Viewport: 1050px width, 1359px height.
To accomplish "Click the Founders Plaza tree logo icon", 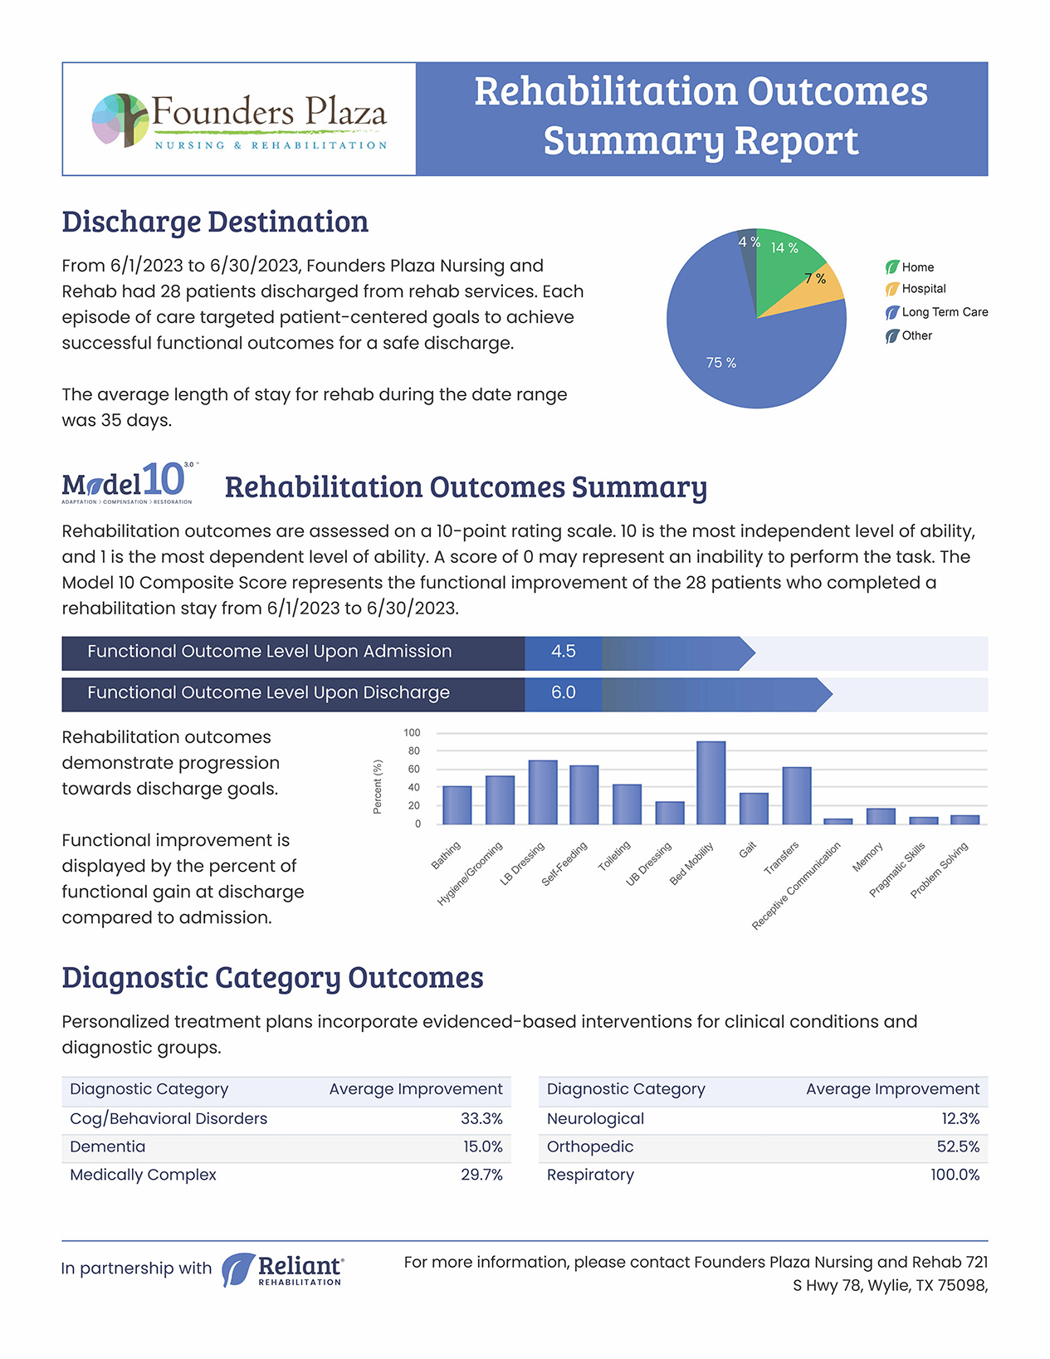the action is click(x=121, y=120).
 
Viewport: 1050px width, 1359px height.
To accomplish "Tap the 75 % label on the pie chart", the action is click(x=720, y=363).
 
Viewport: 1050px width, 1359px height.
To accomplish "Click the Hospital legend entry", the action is click(x=916, y=289).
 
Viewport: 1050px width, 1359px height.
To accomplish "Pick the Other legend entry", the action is click(x=909, y=336).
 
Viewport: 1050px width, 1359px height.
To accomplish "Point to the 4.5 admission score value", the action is click(x=563, y=652).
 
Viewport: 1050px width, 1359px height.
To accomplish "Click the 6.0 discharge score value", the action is click(x=563, y=693).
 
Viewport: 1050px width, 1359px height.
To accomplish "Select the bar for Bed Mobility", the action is click(x=711, y=783).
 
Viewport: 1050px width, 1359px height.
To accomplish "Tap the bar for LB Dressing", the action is click(x=543, y=792).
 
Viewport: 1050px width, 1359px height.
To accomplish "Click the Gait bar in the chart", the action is click(x=754, y=809).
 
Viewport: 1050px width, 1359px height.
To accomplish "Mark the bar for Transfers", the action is click(x=797, y=795).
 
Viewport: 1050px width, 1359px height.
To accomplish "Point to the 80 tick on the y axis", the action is click(x=413, y=750).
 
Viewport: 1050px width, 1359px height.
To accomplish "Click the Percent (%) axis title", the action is click(x=378, y=787).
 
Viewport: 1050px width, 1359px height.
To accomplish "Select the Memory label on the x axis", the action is click(x=868, y=857).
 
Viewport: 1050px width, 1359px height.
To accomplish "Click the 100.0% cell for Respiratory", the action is click(x=955, y=1175).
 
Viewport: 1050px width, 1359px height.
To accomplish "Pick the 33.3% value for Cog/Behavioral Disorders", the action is click(x=481, y=1118).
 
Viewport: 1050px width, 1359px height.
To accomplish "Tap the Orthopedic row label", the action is click(x=590, y=1147).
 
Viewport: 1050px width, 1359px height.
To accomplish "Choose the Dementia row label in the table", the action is click(x=108, y=1146).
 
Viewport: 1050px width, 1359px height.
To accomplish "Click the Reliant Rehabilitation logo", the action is click(x=282, y=1269).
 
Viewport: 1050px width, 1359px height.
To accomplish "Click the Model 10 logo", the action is click(x=128, y=483).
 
